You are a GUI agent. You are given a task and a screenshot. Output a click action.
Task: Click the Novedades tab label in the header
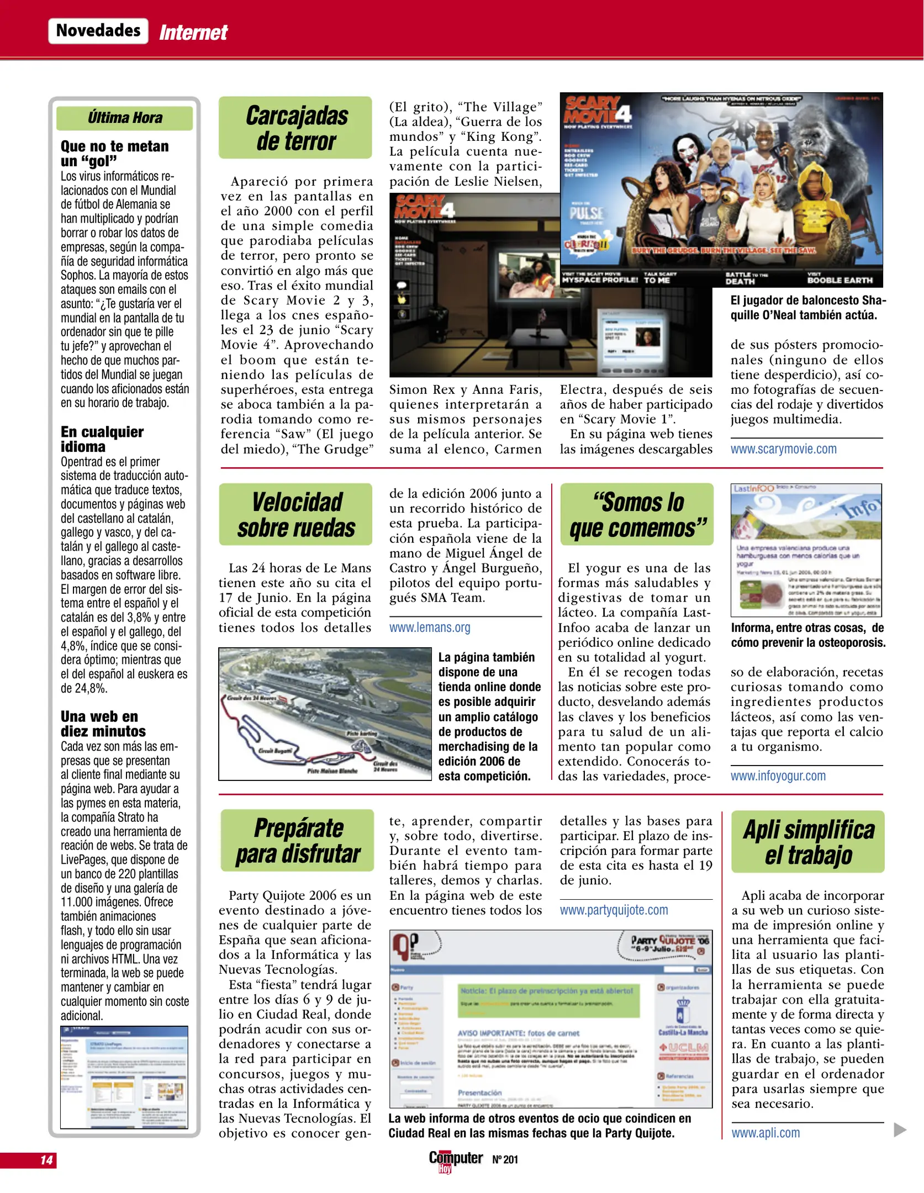pos(98,31)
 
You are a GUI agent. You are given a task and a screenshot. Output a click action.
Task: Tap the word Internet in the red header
pos(193,33)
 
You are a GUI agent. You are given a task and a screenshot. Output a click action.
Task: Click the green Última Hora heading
pos(125,118)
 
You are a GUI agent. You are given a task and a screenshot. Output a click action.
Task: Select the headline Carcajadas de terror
pos(296,128)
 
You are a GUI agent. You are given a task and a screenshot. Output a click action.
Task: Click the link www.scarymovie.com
pos(783,449)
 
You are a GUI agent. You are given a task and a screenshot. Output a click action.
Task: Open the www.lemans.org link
pos(430,627)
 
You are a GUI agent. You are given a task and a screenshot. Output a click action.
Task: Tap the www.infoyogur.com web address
pos(778,776)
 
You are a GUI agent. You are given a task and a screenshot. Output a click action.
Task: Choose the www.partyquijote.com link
pos(614,910)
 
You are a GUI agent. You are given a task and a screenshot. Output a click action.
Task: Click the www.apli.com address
pos(765,1133)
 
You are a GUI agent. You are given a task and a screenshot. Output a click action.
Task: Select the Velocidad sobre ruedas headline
pos(296,515)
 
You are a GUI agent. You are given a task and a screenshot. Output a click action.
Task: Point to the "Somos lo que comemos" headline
pos(637,515)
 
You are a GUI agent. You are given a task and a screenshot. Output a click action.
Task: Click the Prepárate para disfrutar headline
pos(298,841)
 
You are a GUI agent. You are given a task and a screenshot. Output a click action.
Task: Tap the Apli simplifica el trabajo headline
pos(808,842)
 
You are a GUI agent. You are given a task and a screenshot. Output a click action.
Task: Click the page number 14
pos(46,1160)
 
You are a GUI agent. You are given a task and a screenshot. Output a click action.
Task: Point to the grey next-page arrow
pos(900,1129)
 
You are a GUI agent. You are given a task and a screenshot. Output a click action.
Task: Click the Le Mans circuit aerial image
pos(325,714)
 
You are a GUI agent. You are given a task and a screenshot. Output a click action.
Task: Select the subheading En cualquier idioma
pos(102,439)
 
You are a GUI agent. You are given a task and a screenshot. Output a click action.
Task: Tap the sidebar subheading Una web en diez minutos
pos(103,724)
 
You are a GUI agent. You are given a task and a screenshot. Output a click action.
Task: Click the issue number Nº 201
pos(505,1160)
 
